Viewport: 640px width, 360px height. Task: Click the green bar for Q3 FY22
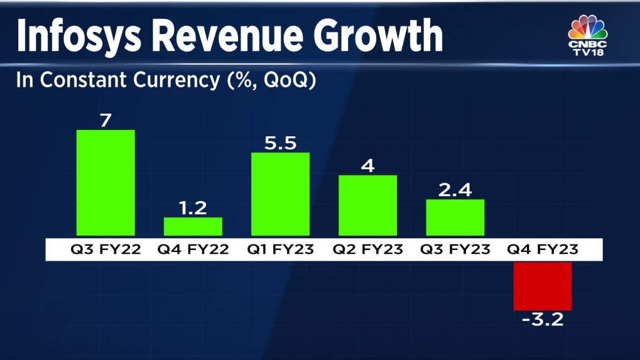(x=106, y=183)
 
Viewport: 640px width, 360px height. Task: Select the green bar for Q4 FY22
(x=193, y=227)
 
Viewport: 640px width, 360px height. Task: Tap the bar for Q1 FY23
(x=280, y=194)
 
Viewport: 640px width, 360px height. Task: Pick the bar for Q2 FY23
(x=367, y=205)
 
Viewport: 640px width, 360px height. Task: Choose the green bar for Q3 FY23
(x=455, y=217)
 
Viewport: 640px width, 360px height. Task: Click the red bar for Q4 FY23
(x=543, y=286)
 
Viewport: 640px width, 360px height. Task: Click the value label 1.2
(x=193, y=207)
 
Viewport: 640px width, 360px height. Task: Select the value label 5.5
(x=280, y=142)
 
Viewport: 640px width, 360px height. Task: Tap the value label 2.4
(x=455, y=189)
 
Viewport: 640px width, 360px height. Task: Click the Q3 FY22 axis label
(x=106, y=249)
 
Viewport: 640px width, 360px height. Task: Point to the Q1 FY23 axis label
(x=280, y=249)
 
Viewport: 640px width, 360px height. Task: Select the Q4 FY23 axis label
(x=543, y=249)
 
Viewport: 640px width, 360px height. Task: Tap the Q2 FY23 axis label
(x=367, y=249)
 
